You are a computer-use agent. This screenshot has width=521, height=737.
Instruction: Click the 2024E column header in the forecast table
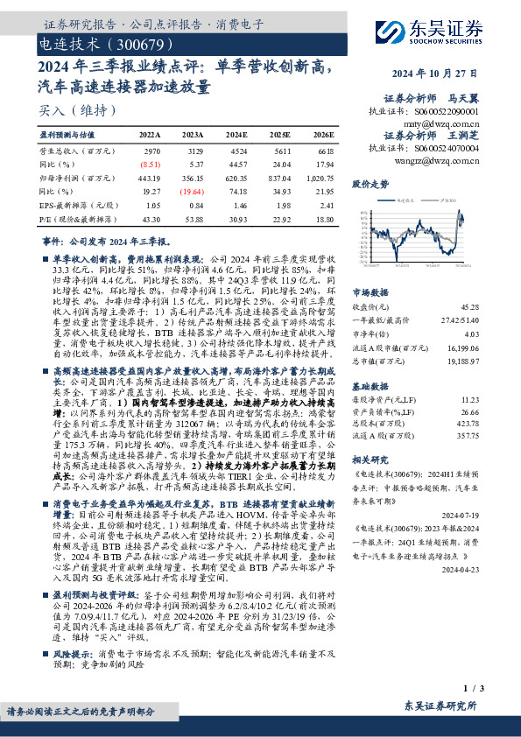pos(236,136)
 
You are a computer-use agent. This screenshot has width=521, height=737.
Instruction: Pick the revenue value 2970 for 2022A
pos(151,151)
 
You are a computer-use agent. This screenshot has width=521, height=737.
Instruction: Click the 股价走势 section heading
pos(370,185)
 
